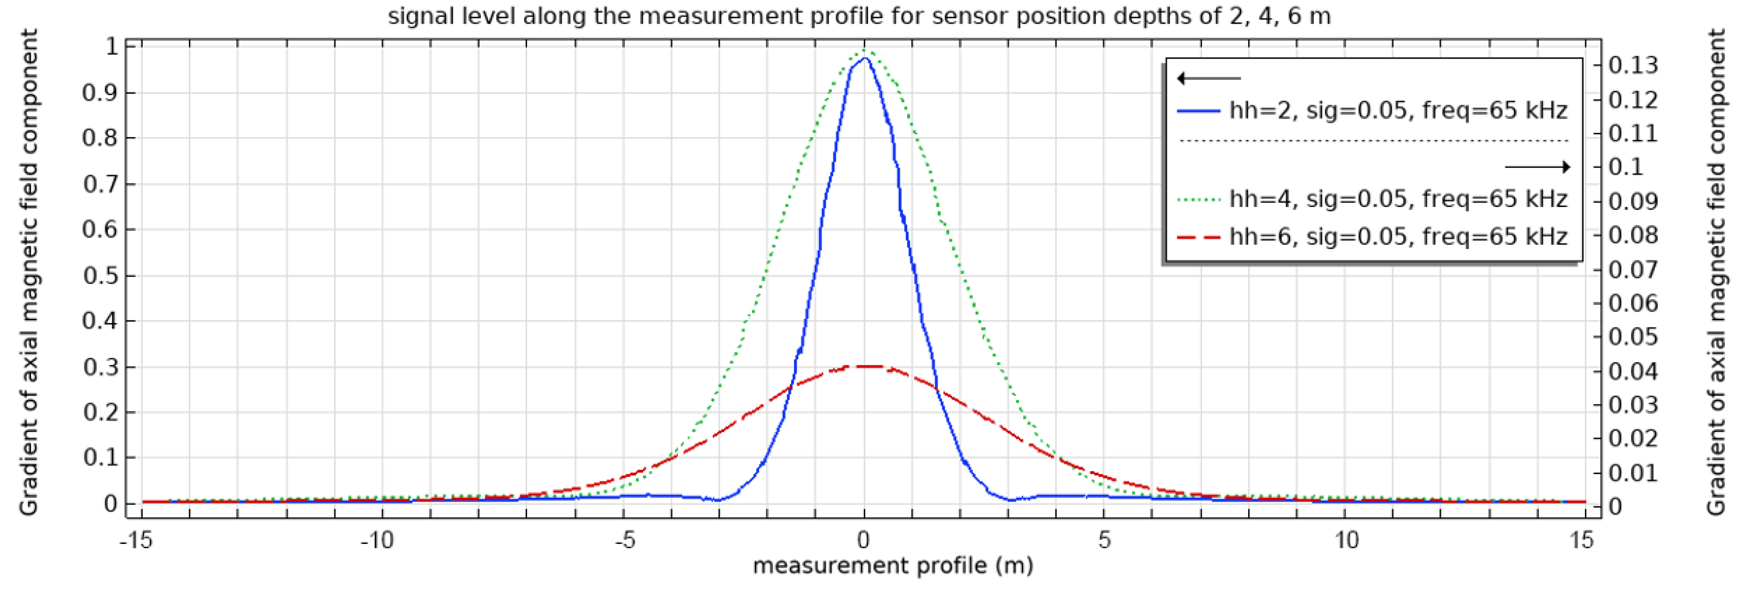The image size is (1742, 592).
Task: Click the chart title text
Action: tap(859, 16)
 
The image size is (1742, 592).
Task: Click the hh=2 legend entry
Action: tap(1397, 110)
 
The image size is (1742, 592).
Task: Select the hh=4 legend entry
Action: tap(1397, 199)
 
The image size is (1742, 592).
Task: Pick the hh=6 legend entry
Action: tap(1397, 237)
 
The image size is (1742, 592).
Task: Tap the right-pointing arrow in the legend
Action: tap(1537, 167)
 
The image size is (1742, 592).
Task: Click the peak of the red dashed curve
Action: tap(865, 366)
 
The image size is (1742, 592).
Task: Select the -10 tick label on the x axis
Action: tap(377, 540)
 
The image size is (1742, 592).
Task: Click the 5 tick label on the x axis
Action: tap(1104, 540)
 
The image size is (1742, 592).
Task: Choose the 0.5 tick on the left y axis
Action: tap(99, 276)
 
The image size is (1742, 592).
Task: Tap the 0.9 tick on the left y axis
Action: tap(99, 93)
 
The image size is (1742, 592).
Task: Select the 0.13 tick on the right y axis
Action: tap(1633, 66)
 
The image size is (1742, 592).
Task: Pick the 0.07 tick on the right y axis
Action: tap(1633, 269)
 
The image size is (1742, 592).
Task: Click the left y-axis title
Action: tap(29, 273)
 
